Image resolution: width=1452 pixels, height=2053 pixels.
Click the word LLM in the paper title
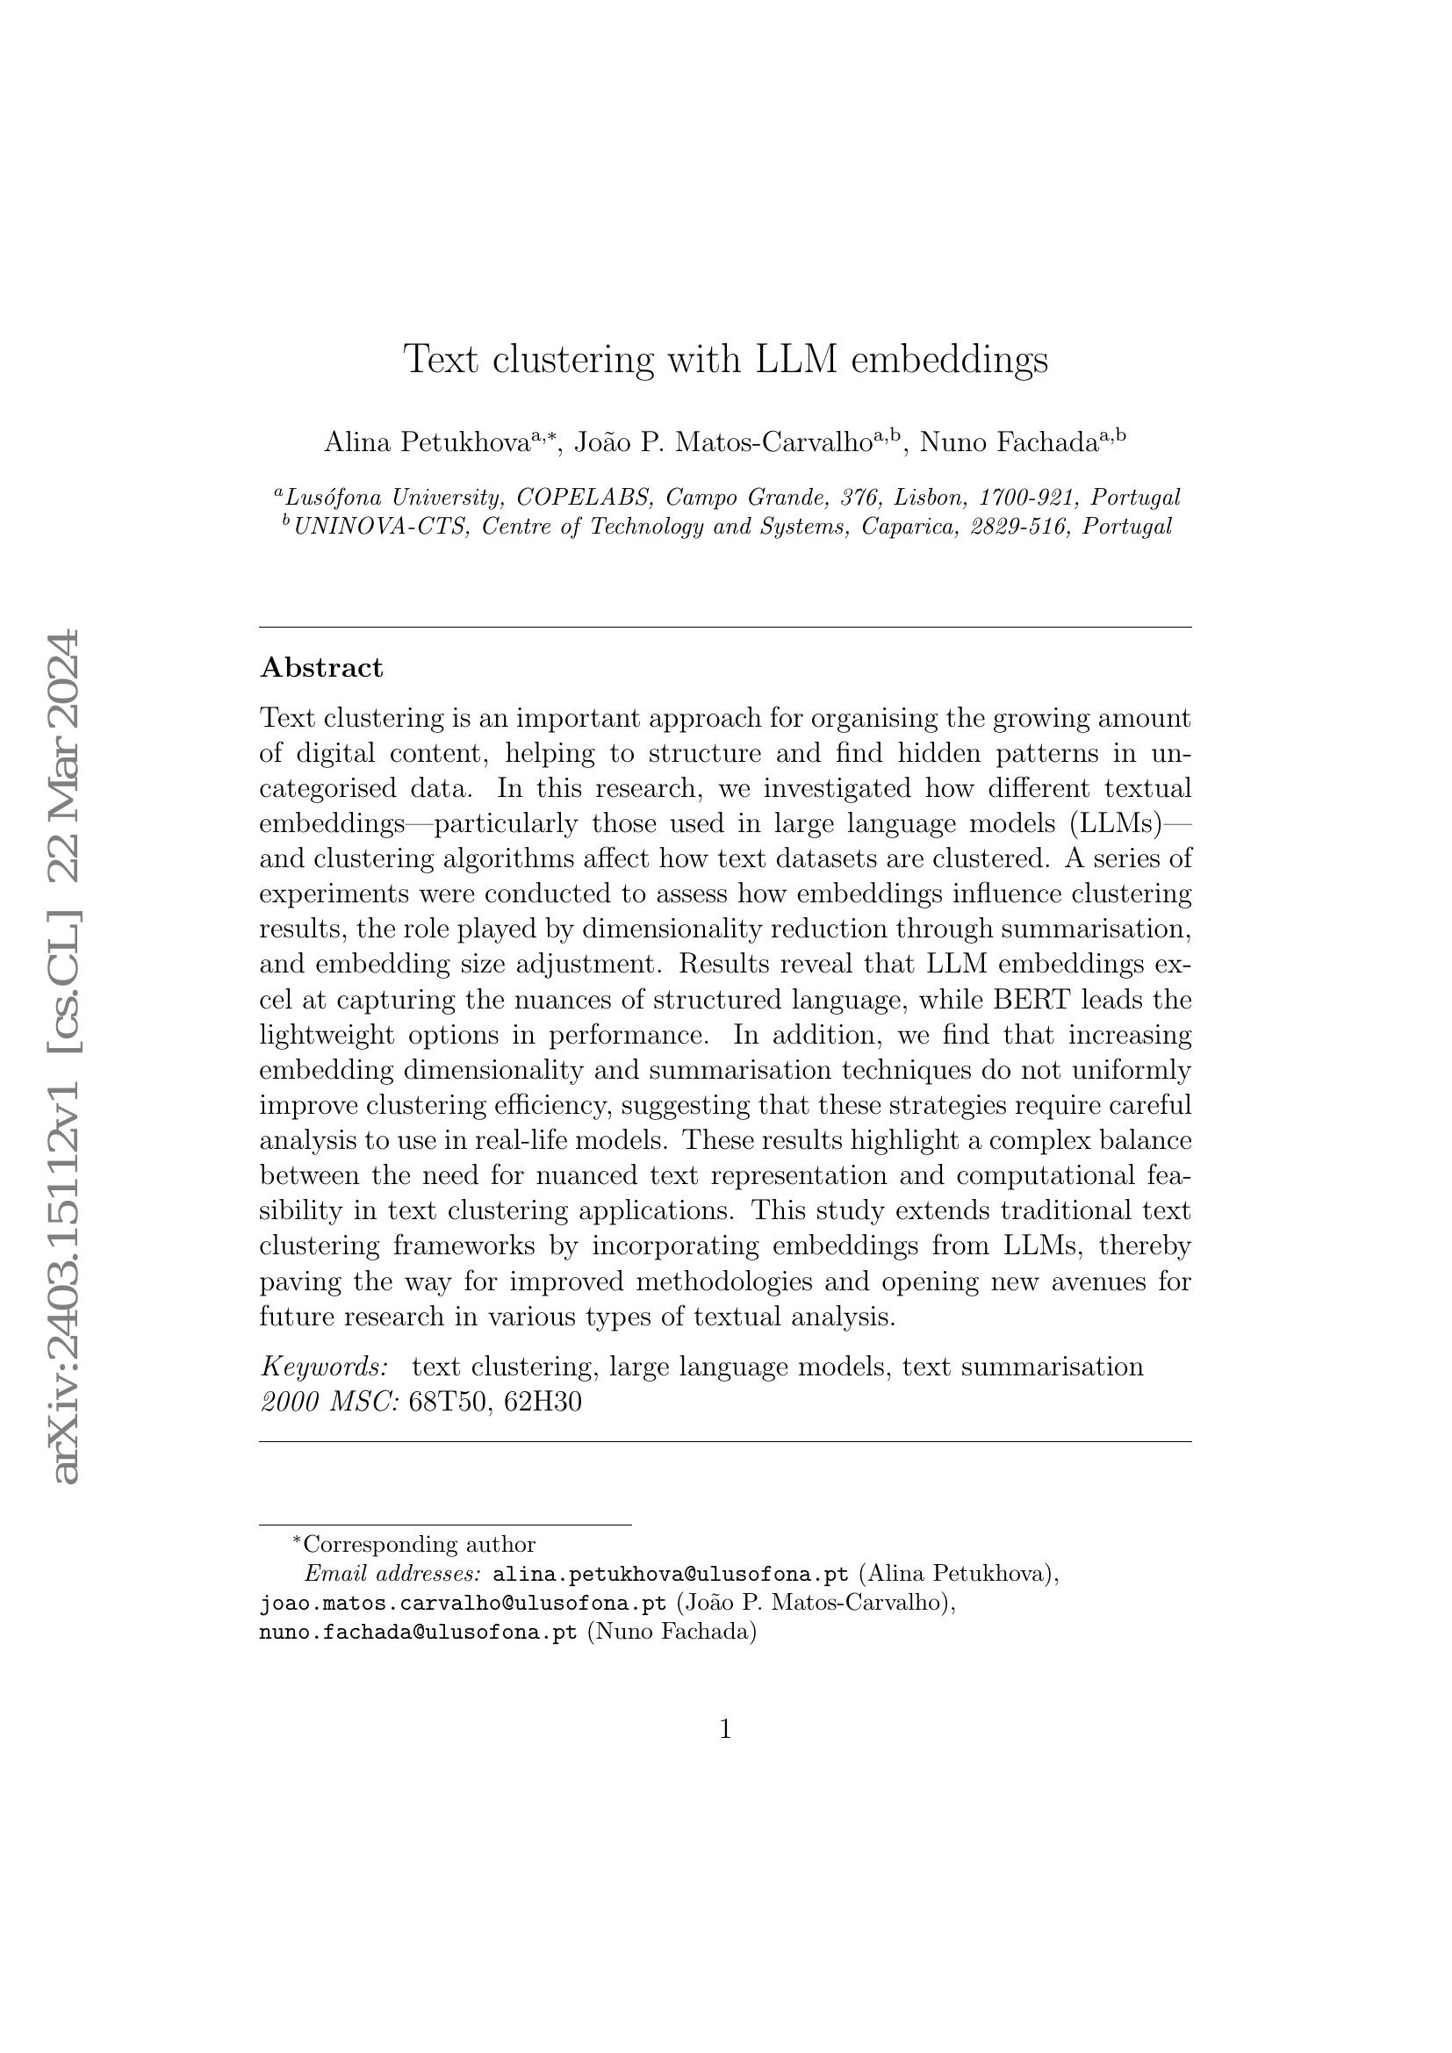(x=795, y=360)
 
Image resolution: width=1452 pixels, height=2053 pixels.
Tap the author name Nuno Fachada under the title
(x=1008, y=441)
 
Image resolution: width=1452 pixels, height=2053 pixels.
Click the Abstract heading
(x=321, y=668)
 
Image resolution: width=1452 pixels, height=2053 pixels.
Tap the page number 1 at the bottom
(x=725, y=1730)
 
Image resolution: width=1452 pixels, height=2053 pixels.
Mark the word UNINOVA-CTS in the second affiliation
(x=381, y=527)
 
